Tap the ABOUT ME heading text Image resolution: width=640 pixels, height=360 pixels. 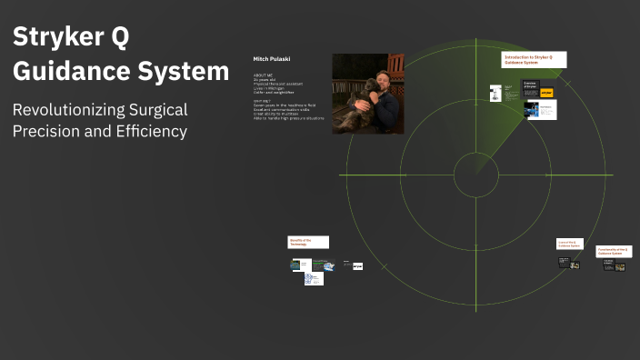(x=263, y=75)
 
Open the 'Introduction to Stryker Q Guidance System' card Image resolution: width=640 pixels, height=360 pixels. (x=534, y=59)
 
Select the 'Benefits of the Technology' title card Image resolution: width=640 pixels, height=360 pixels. (x=308, y=243)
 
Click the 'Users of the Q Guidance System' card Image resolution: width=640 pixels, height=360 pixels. (x=568, y=244)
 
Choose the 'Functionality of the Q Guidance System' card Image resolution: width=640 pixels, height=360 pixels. (x=614, y=250)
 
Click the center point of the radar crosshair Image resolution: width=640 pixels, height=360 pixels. (x=475, y=175)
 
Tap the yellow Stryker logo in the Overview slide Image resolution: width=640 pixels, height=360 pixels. (x=546, y=93)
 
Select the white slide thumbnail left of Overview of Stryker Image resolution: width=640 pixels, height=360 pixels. (x=495, y=94)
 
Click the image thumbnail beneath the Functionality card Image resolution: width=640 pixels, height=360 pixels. (x=620, y=266)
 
